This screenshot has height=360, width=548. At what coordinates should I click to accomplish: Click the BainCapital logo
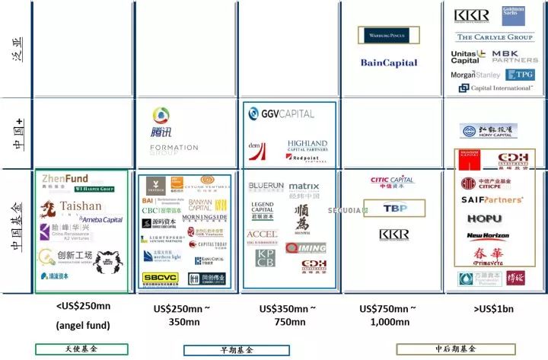tap(387, 63)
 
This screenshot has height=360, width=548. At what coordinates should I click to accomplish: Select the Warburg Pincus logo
tap(388, 35)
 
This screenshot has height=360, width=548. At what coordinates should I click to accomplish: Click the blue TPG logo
tap(521, 75)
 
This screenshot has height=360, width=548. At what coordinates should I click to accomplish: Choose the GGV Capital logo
tap(282, 114)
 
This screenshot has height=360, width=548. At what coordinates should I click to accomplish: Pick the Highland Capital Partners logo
tap(307, 146)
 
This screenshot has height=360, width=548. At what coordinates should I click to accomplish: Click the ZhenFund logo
tap(65, 180)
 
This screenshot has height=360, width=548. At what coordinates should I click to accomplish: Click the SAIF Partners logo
tap(492, 200)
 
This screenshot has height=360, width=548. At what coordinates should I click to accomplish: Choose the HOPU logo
tap(484, 218)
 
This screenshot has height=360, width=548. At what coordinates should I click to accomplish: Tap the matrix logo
tap(304, 186)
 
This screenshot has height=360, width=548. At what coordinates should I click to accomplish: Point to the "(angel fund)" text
tap(83, 325)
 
